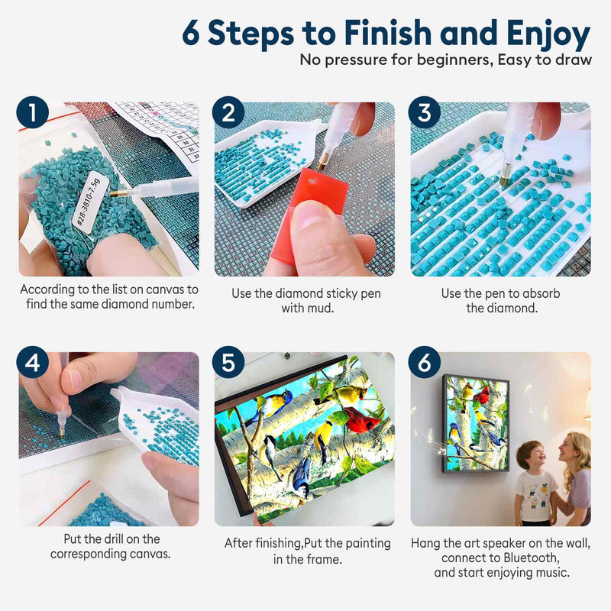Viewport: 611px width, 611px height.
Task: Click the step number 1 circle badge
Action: coord(32,112)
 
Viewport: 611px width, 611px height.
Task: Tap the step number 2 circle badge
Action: coord(228,112)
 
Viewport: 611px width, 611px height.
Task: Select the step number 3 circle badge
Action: coord(425,112)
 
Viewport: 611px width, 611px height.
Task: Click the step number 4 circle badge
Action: coord(32,362)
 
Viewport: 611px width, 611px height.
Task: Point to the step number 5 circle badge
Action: coord(228,362)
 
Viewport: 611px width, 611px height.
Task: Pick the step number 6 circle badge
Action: coord(425,362)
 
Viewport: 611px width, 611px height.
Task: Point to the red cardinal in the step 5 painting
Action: coord(361,419)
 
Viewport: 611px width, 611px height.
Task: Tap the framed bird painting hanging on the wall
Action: coord(476,423)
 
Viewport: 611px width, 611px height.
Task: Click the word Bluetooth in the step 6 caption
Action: coord(531,558)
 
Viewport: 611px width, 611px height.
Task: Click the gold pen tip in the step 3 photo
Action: coord(504,179)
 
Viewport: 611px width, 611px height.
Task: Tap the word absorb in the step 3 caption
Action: coord(540,293)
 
